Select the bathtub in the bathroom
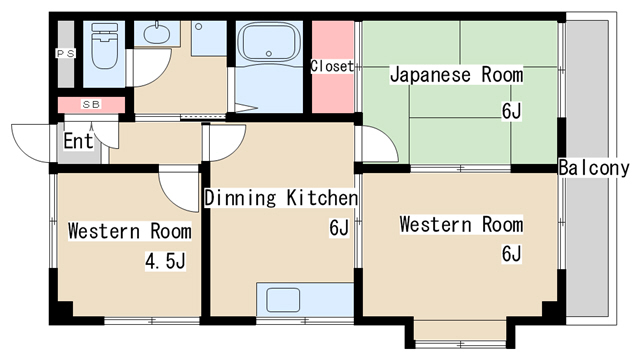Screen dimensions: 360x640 (x=269, y=49)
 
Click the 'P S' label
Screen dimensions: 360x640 (x=65, y=53)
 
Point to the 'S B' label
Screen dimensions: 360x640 (x=90, y=104)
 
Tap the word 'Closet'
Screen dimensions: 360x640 (x=332, y=66)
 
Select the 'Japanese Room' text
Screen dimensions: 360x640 (x=456, y=75)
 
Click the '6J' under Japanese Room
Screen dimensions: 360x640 (x=511, y=111)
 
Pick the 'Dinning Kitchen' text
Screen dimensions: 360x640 (x=281, y=198)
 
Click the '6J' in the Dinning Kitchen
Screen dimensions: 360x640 (x=338, y=229)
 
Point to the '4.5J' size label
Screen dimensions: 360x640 (x=165, y=262)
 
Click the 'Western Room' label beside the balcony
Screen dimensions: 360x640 (x=461, y=224)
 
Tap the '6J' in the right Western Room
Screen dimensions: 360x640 (x=511, y=254)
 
